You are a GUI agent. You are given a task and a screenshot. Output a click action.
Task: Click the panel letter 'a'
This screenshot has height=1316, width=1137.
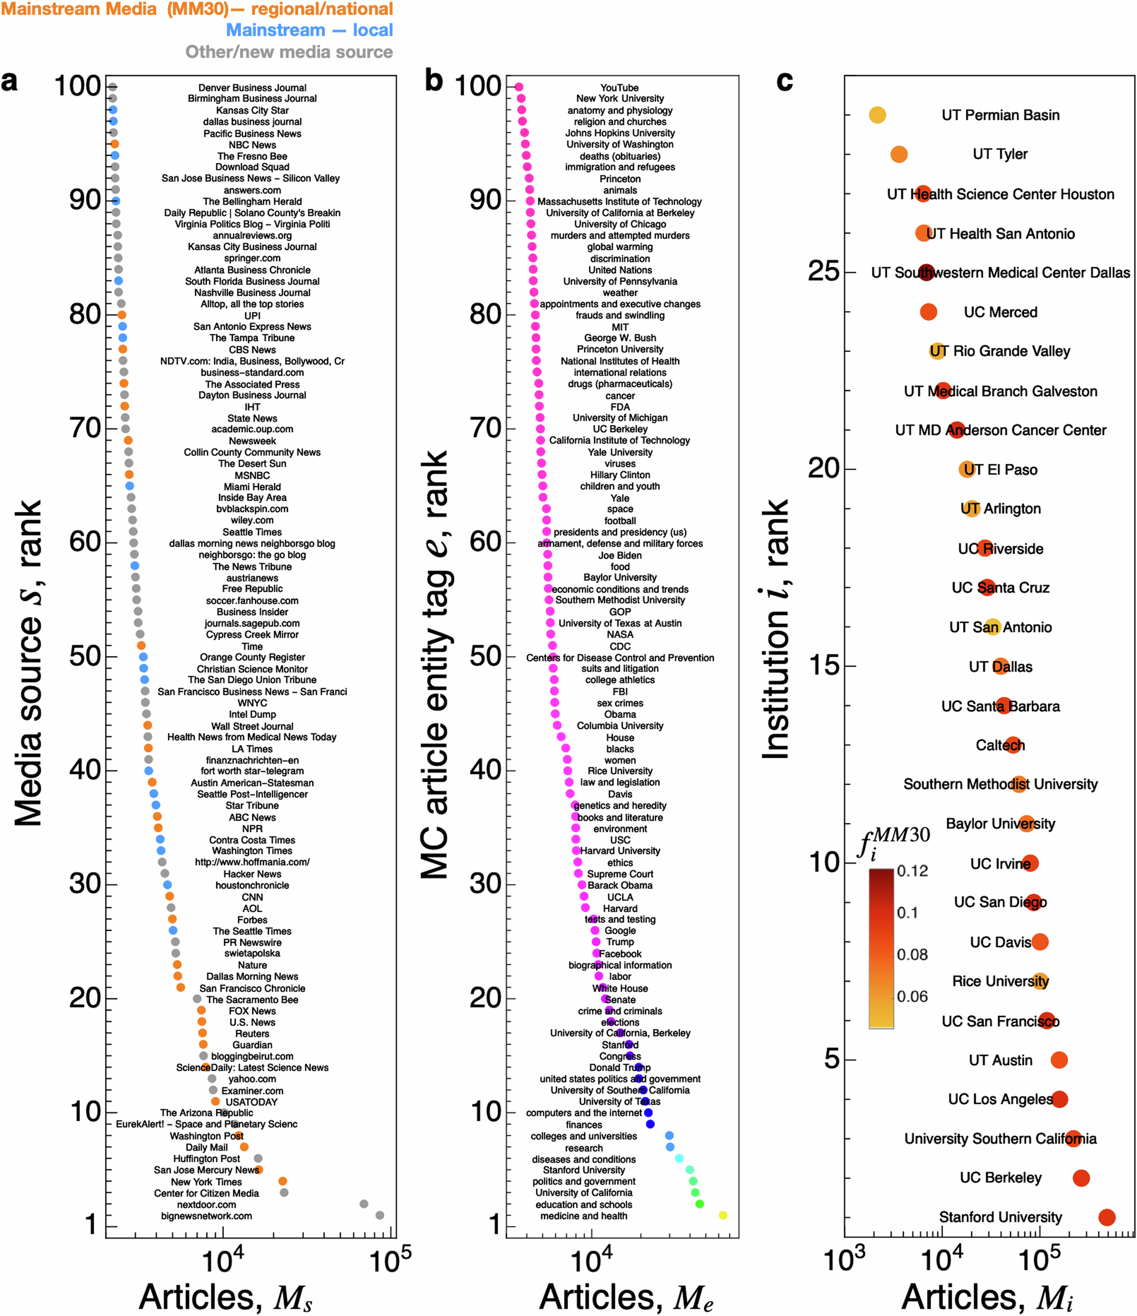[9, 82]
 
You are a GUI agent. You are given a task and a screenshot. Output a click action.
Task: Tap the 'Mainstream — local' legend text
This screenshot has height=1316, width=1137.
[309, 30]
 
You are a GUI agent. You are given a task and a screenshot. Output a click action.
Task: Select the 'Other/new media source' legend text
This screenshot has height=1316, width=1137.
[289, 52]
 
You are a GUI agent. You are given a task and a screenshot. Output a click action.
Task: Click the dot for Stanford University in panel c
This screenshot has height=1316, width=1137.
[1106, 1217]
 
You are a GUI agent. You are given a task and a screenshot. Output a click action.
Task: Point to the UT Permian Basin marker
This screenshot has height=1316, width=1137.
[877, 115]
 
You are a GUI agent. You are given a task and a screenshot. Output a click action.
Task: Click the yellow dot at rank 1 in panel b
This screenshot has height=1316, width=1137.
[723, 1215]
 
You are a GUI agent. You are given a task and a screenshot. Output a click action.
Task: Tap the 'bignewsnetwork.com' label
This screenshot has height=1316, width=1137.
[206, 1216]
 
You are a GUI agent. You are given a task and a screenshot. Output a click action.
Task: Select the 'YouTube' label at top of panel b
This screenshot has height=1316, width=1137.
[620, 88]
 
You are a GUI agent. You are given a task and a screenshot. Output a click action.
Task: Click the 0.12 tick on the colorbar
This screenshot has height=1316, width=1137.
[912, 871]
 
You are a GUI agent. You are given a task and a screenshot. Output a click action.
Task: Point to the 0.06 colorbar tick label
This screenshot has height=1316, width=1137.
[912, 996]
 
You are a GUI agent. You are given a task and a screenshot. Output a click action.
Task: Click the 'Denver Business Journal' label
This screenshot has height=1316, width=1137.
[252, 88]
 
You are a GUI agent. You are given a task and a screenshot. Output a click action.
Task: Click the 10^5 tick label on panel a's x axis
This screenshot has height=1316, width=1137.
[390, 1260]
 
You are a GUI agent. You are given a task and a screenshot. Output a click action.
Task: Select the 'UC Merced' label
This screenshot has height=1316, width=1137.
[1001, 312]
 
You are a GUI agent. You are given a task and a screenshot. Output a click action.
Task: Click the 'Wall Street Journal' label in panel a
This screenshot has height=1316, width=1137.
[252, 726]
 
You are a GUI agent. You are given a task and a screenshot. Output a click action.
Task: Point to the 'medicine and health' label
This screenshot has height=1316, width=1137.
[583, 1216]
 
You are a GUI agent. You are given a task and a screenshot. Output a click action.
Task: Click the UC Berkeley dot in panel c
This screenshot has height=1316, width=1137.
[1081, 1177]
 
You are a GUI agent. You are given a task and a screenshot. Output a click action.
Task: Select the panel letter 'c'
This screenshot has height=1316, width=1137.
[785, 82]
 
